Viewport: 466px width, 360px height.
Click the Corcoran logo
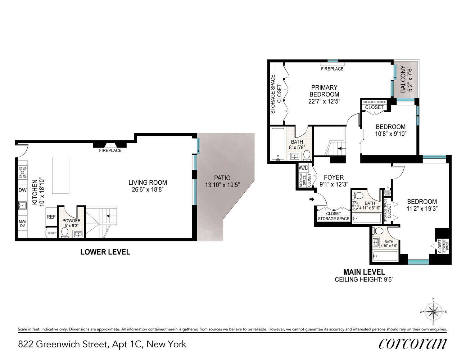coord(412,343)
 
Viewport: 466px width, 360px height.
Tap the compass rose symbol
coord(433,312)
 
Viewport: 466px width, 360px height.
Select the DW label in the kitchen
coord(23,190)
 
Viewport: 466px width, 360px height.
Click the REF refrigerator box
coord(51,217)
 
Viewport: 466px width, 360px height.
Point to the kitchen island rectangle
coord(60,176)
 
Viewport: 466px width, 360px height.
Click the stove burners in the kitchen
coord(23,172)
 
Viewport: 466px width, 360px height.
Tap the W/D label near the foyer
coord(303,168)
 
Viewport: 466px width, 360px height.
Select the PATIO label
coord(222,178)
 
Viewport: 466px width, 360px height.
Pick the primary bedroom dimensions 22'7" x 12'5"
coord(324,102)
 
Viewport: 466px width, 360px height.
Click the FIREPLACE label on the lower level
coord(110,150)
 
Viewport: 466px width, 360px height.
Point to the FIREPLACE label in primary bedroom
coord(332,69)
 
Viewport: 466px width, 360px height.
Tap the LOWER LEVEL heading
coord(105,252)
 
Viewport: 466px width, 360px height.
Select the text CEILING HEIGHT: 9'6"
coord(364,279)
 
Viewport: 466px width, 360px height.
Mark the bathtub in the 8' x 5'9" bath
coord(277,144)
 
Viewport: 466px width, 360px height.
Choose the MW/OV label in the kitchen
coord(23,224)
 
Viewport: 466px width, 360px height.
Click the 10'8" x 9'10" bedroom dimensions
coord(390,134)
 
